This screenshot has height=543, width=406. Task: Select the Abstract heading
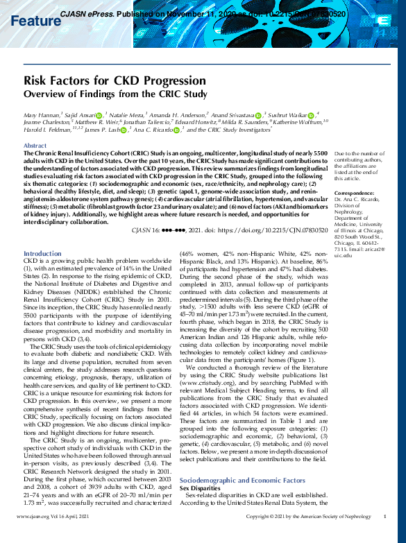point(35,146)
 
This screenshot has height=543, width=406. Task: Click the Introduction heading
point(42,254)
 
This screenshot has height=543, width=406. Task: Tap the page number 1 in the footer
point(384,536)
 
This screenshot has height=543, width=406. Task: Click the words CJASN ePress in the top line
point(86,13)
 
